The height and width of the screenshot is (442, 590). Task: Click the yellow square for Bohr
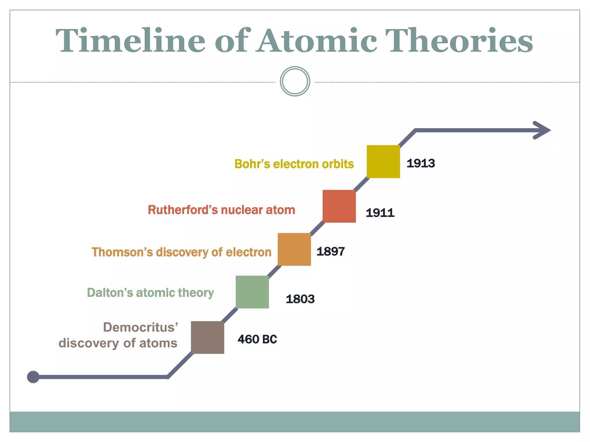(x=383, y=162)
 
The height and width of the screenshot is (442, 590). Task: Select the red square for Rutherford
(x=339, y=206)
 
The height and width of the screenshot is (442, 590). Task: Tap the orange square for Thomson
(x=294, y=249)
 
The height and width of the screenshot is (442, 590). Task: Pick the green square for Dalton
(x=252, y=292)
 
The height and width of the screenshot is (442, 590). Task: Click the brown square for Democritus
(x=207, y=337)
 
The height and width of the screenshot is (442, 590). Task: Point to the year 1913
(x=421, y=163)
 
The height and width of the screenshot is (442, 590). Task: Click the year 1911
(x=380, y=213)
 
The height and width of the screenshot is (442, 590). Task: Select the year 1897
(x=330, y=252)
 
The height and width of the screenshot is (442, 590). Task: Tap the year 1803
(x=300, y=299)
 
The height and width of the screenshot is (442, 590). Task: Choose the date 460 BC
(x=257, y=340)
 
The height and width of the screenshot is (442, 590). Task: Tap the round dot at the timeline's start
(x=33, y=377)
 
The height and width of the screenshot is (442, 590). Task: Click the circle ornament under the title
(x=295, y=81)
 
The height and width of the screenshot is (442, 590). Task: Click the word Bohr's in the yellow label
(x=252, y=164)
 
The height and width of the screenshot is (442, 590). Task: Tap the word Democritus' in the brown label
(x=141, y=327)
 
